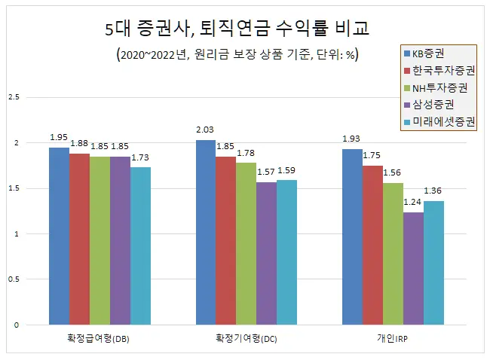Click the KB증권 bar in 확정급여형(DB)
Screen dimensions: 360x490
click(x=59, y=236)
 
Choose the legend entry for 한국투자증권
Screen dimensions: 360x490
click(x=439, y=72)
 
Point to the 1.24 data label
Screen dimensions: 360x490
click(x=413, y=203)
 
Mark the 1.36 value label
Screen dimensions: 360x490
click(x=434, y=191)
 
